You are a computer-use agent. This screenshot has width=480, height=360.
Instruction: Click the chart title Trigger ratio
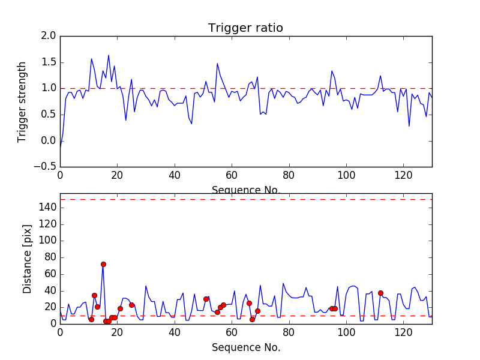click(245, 28)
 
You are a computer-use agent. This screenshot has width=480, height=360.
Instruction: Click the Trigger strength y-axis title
click(22, 101)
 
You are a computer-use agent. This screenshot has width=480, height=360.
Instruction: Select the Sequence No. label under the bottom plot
click(245, 347)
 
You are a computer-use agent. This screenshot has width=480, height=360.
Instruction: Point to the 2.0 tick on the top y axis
click(49, 36)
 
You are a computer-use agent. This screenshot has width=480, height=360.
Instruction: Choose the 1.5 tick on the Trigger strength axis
click(49, 62)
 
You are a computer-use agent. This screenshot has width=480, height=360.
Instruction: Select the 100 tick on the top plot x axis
click(346, 175)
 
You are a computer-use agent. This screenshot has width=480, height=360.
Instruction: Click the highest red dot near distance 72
click(103, 264)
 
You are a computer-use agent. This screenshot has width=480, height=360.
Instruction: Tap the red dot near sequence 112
click(380, 293)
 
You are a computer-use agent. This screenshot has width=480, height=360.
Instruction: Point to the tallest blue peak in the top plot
click(109, 55)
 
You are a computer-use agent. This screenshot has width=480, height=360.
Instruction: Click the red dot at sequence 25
click(131, 305)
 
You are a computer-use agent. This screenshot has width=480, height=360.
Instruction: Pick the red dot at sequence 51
click(206, 299)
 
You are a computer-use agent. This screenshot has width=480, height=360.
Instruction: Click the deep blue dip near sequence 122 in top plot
click(409, 126)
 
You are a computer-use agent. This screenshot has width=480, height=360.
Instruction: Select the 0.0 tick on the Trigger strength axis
click(49, 140)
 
